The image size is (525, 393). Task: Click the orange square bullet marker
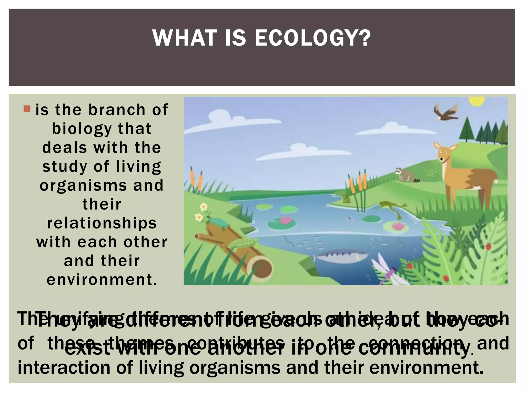pyautogui.click(x=27, y=109)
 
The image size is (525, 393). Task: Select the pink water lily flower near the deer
pyautogui.click(x=398, y=226)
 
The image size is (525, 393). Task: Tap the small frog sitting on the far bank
pyautogui.click(x=346, y=198)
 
